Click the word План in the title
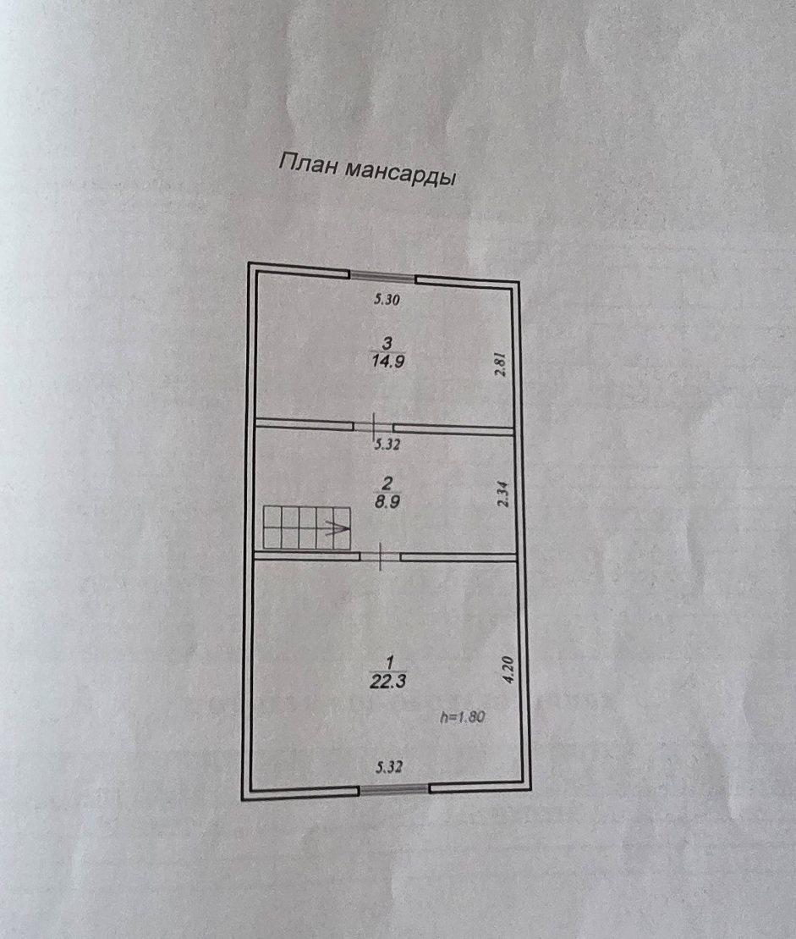[308, 164]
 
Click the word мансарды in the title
[399, 173]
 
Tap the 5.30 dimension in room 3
[387, 299]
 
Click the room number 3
[387, 343]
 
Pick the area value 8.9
[386, 501]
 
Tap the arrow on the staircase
[337, 530]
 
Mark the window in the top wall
[382, 276]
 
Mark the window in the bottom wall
[393, 789]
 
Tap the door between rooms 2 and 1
[382, 556]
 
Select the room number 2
[387, 483]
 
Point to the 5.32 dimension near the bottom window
[388, 768]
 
